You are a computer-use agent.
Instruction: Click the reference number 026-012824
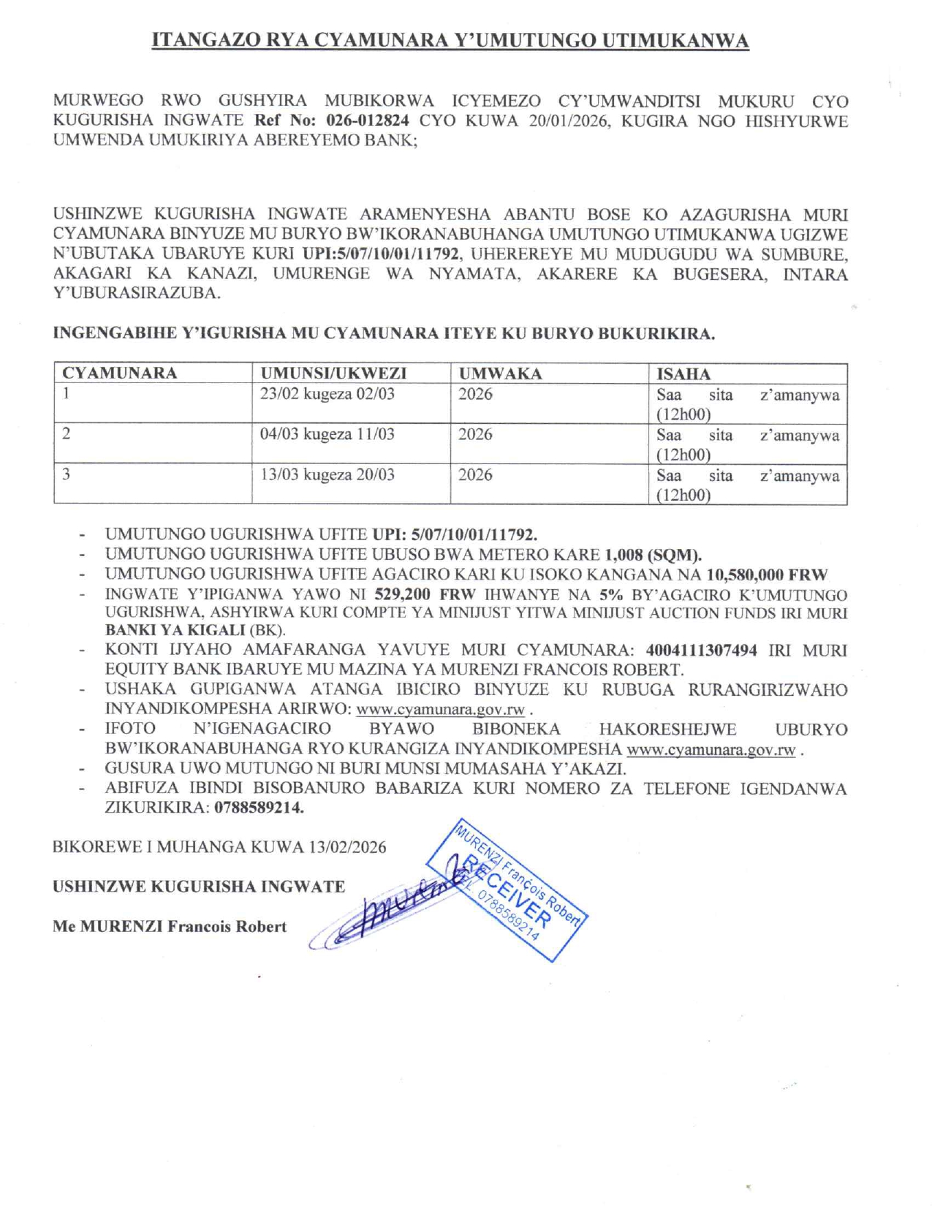coord(367,121)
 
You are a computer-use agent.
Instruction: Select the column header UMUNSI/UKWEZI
coord(333,373)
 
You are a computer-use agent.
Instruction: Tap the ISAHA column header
coord(683,374)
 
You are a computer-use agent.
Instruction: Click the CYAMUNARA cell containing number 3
coord(67,474)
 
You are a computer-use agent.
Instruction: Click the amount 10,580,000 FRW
coord(767,574)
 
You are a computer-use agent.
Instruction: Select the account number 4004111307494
coord(701,650)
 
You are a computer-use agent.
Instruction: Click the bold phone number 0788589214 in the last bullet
coord(259,808)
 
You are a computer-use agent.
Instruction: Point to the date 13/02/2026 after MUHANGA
coord(347,847)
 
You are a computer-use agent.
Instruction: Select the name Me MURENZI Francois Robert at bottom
coord(170,927)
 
